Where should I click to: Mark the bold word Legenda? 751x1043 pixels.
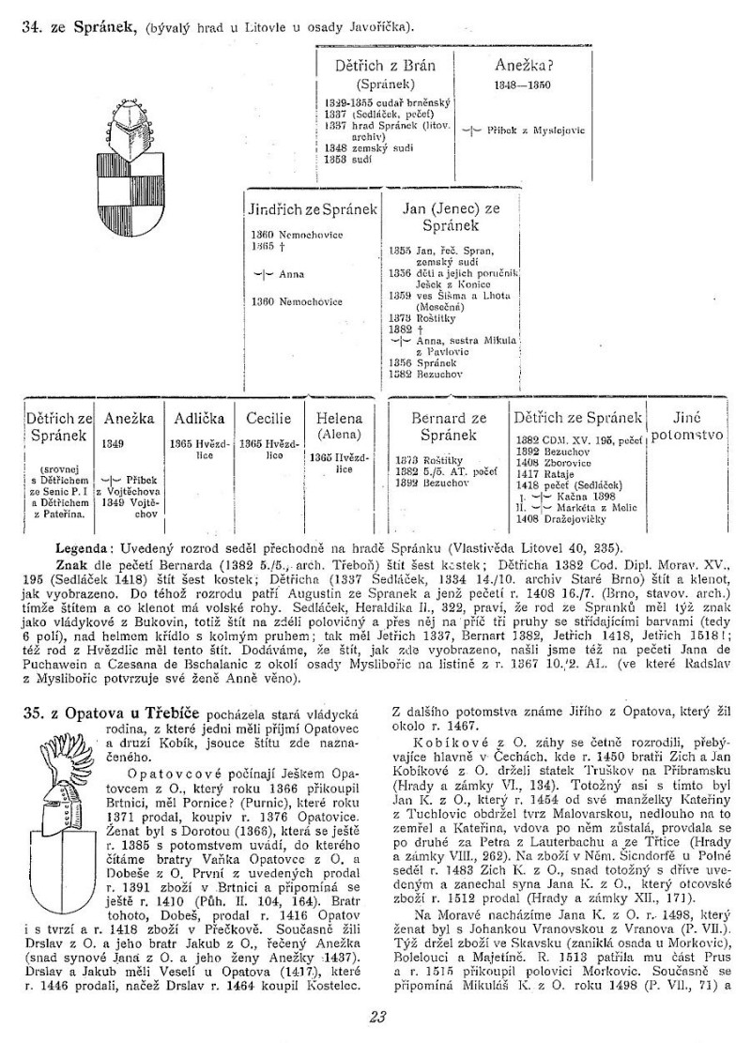(83, 546)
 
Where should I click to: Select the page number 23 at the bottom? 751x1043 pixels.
(376, 1015)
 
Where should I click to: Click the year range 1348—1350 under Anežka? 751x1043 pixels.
(522, 85)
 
